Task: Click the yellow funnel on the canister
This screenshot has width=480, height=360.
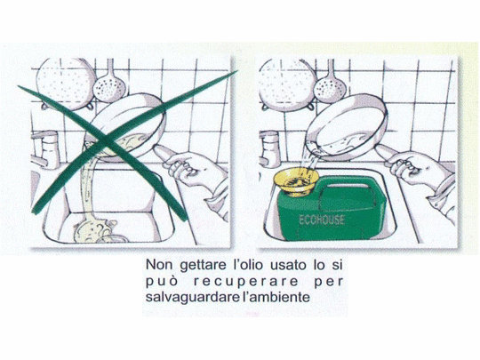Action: (x=296, y=182)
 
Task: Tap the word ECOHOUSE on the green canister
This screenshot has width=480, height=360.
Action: (x=322, y=220)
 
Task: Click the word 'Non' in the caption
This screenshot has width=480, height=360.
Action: (x=157, y=265)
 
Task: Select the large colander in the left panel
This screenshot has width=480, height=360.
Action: (x=65, y=83)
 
